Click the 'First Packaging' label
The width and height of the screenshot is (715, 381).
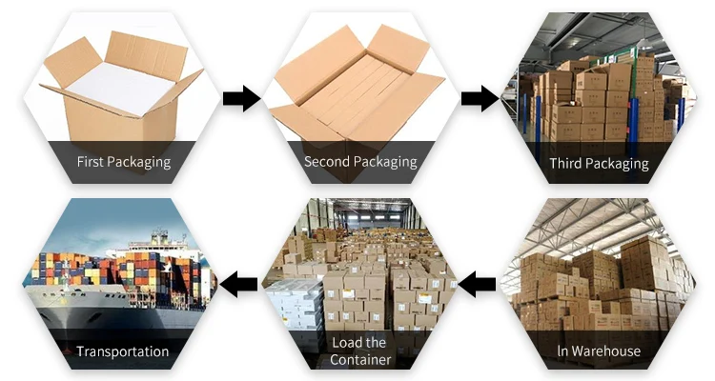click(123, 162)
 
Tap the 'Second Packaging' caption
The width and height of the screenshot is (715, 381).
click(360, 162)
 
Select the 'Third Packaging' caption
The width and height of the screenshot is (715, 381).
click(599, 163)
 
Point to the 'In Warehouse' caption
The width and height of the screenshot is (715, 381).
click(599, 351)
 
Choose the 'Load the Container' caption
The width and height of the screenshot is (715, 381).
click(359, 351)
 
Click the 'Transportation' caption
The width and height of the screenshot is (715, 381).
click(123, 351)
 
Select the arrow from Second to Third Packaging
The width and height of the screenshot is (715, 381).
click(480, 98)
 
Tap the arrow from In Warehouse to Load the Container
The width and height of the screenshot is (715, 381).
click(479, 283)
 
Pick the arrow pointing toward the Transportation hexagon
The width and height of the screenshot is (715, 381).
click(239, 283)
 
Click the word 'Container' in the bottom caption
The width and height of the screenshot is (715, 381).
click(360, 359)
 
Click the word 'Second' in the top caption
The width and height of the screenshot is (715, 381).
click(327, 162)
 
